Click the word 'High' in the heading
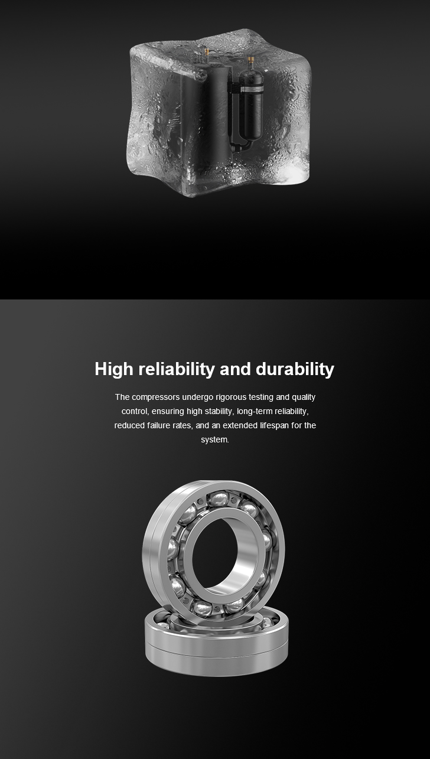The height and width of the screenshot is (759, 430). [114, 369]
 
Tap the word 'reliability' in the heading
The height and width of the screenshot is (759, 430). [177, 369]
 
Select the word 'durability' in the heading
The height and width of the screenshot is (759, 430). [295, 369]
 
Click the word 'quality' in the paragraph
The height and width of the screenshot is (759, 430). [304, 397]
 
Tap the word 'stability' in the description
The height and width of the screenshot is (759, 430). [219, 411]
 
